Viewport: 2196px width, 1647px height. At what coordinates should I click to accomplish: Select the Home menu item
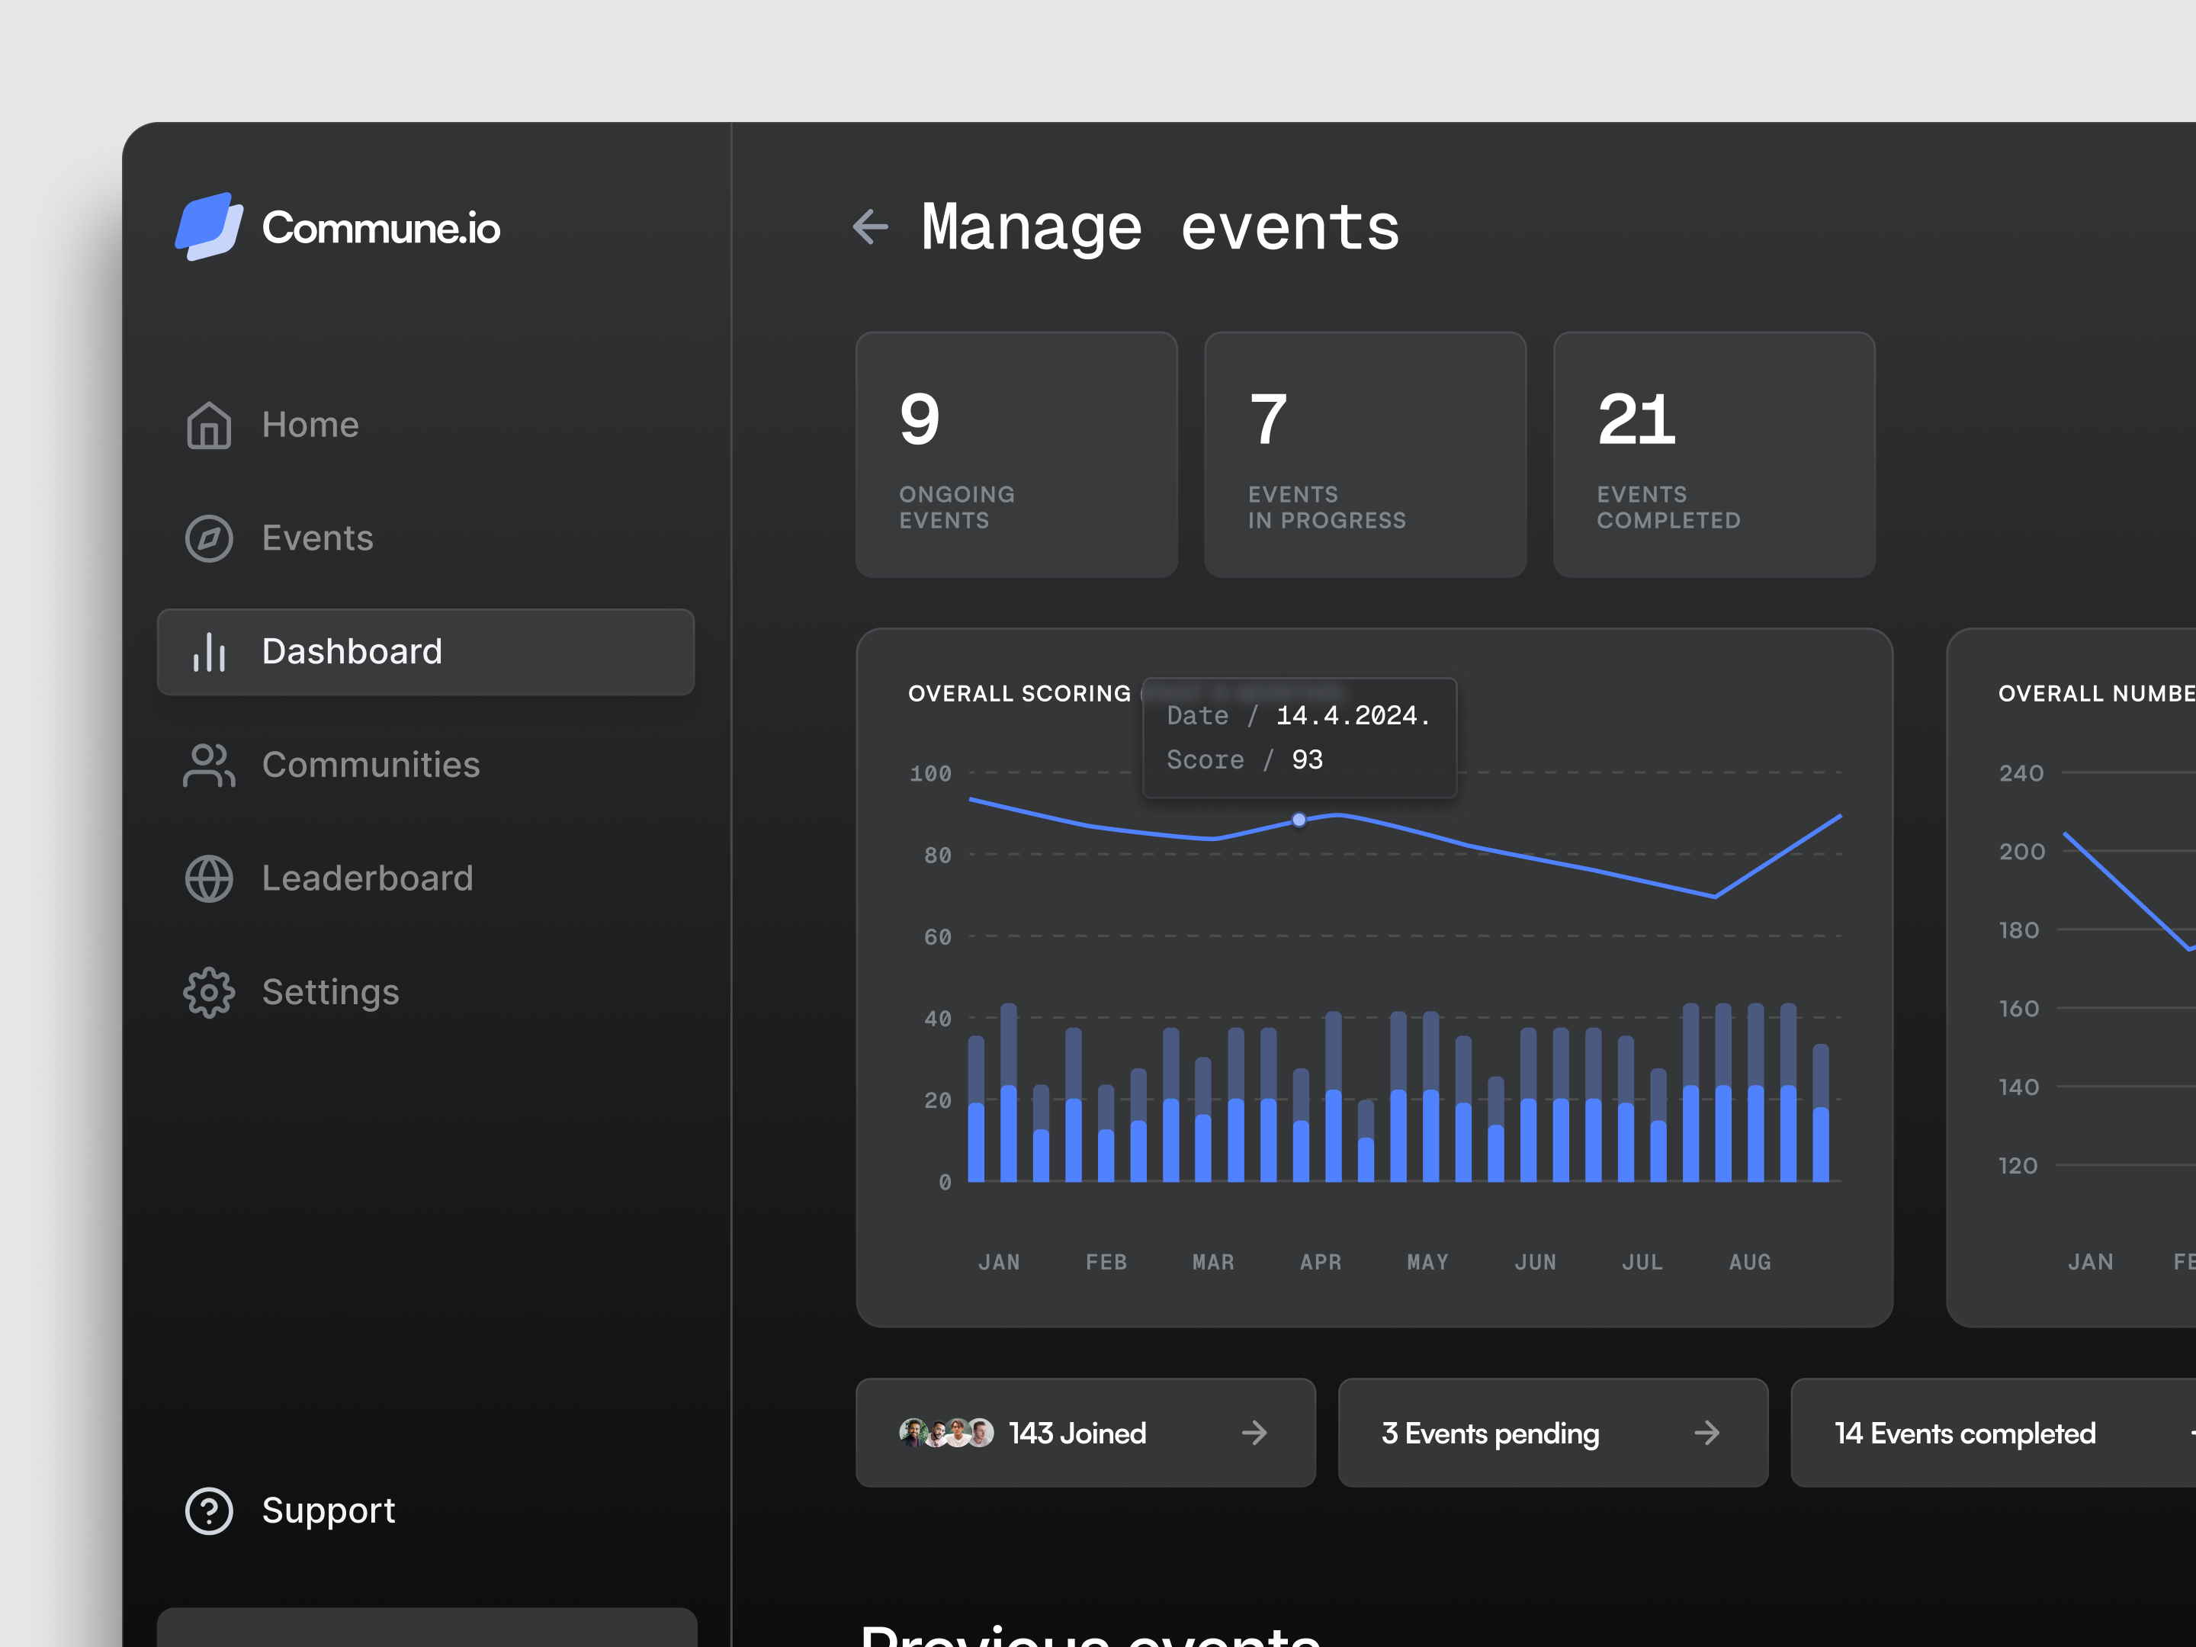pos(310,425)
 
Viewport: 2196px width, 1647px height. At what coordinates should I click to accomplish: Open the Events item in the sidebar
pos(316,538)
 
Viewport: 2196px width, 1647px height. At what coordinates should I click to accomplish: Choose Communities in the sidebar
pos(371,766)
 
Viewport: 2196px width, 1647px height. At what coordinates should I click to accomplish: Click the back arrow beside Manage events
pos(871,226)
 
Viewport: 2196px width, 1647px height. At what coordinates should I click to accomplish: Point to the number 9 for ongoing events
pos(920,420)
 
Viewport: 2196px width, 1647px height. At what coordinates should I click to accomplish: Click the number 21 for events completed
pos(1636,420)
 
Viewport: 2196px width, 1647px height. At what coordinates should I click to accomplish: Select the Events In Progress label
pos(1326,507)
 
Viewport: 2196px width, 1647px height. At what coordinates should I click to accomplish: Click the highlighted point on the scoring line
pos(1299,820)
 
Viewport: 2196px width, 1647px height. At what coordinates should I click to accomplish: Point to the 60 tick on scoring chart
pos(937,937)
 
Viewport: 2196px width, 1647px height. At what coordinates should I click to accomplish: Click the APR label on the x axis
pos(1321,1262)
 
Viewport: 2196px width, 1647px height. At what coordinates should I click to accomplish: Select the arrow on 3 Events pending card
pos(1706,1433)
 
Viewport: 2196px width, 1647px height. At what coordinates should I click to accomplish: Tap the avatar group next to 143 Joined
pos(945,1433)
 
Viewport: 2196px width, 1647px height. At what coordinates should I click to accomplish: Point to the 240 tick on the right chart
pos(2021,773)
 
